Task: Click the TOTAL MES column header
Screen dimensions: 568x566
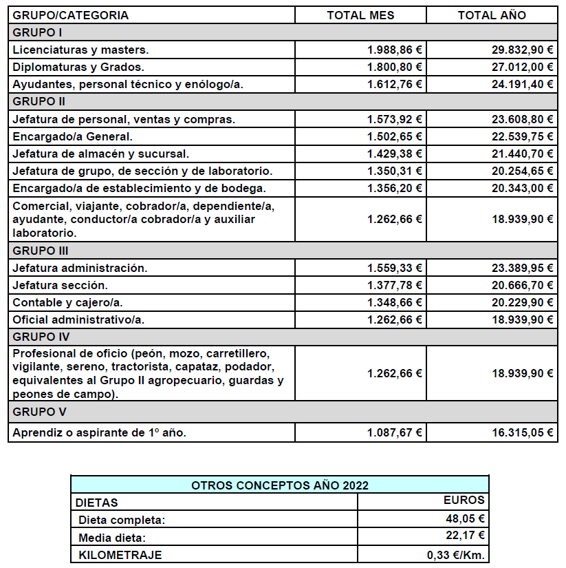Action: coord(360,15)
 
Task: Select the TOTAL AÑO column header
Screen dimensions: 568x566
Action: coord(492,15)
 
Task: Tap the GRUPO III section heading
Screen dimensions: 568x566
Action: coord(41,251)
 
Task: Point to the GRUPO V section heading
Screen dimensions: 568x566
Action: coord(39,412)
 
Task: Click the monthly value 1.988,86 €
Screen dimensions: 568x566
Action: coord(395,50)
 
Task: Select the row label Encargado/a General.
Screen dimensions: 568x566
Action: coord(72,136)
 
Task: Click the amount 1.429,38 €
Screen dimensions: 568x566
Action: coord(395,154)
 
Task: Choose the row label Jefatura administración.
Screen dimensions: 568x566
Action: coord(80,268)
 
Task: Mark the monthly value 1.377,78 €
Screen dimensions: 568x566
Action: coord(395,285)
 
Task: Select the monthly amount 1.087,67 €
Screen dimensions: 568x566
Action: coord(395,433)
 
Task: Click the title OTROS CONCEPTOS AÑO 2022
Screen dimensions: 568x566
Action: coord(279,485)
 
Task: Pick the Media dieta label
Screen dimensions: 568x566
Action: coord(113,537)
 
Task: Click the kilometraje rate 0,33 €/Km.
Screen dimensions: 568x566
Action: coord(457,555)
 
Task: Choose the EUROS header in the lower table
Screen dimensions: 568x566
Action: coord(464,501)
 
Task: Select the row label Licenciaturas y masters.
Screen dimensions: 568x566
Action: coord(80,50)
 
